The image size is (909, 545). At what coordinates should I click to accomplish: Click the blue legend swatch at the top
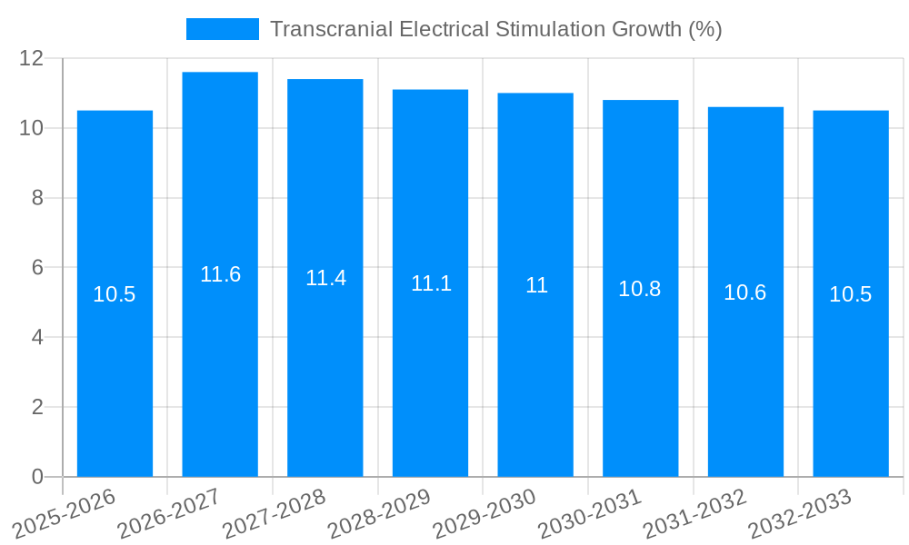click(x=222, y=29)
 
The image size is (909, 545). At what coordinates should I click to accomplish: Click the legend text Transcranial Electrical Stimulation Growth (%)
click(x=495, y=29)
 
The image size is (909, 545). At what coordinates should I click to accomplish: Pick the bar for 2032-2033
click(x=851, y=381)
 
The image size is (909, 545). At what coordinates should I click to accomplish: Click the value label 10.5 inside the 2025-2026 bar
click(x=115, y=294)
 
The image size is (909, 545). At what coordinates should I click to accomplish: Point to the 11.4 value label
click(x=325, y=278)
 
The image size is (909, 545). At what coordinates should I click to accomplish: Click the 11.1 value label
click(x=431, y=283)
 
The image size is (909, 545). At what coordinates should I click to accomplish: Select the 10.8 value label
click(x=640, y=289)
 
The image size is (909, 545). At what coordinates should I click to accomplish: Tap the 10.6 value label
click(x=745, y=292)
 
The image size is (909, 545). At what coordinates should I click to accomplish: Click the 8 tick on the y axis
click(x=37, y=198)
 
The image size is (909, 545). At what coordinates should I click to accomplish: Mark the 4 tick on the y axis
click(x=37, y=337)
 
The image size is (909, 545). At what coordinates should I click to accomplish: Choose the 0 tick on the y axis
click(x=37, y=477)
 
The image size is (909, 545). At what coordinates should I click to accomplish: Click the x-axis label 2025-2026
click(x=65, y=511)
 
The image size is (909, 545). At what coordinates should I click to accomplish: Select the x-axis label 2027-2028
click(x=275, y=511)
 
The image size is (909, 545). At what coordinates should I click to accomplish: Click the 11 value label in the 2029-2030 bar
click(x=536, y=285)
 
